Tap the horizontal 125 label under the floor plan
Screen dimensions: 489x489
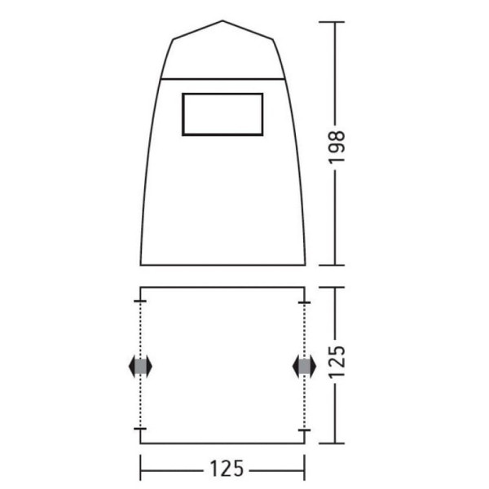click(222, 469)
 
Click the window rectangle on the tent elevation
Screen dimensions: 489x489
click(222, 113)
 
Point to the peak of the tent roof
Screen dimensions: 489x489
click(222, 21)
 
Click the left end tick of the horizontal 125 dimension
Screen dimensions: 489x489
click(141, 469)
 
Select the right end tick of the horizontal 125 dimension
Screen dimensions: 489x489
click(305, 469)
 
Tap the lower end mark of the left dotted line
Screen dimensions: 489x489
click(141, 429)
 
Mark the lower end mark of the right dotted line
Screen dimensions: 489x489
click(305, 429)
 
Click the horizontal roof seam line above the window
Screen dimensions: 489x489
click(222, 79)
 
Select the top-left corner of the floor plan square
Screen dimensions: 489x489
click(141, 287)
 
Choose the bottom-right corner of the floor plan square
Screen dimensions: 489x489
click(305, 443)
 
